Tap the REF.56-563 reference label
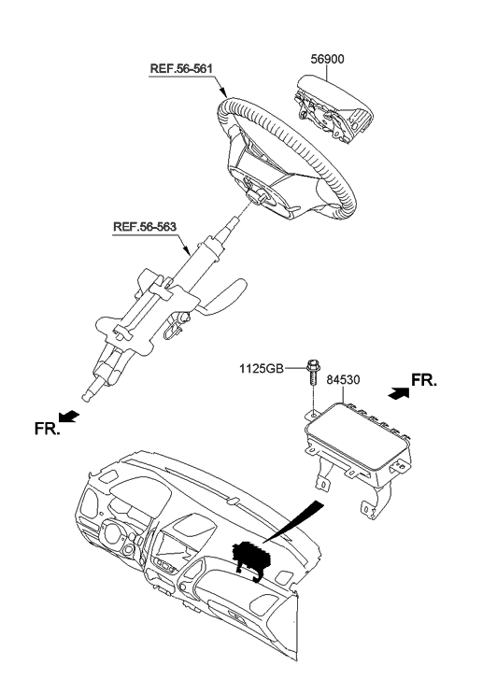(146, 226)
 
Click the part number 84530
(342, 380)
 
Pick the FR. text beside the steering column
(45, 431)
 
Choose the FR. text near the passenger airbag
(423, 381)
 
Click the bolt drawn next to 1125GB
(310, 376)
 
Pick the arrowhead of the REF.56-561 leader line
(225, 94)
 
